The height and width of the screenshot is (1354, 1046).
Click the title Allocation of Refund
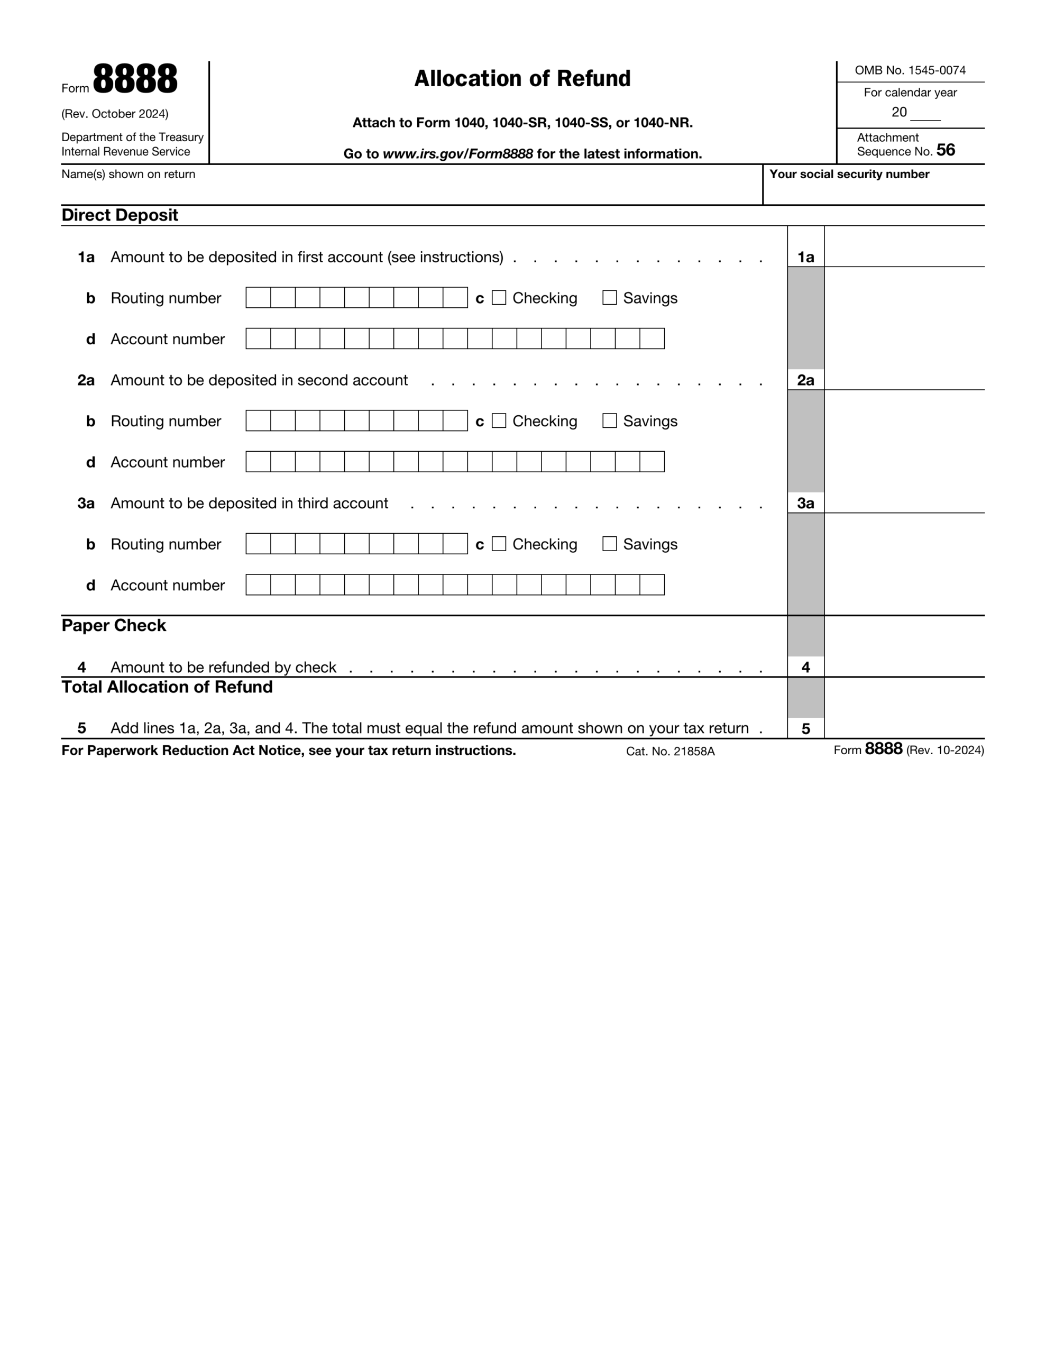[x=522, y=79]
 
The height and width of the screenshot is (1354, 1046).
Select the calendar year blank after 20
[x=925, y=114]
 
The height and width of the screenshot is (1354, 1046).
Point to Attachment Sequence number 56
[x=945, y=150]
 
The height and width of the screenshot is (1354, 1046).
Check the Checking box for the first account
[x=499, y=298]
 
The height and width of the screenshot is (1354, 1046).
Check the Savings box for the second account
[x=610, y=421]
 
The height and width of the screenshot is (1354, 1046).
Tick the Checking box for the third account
[x=499, y=544]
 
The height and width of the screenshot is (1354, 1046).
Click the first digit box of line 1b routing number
[x=258, y=298]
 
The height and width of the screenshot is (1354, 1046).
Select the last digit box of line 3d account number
[x=652, y=584]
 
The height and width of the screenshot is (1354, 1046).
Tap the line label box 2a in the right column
[x=805, y=380]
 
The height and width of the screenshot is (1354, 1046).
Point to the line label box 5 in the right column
[x=805, y=728]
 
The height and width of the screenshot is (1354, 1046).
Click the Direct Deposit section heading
[x=120, y=215]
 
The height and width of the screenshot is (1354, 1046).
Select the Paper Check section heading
[x=114, y=626]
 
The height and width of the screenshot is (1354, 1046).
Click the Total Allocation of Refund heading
[x=167, y=687]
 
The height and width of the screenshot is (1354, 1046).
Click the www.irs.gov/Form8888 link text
[x=457, y=154]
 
